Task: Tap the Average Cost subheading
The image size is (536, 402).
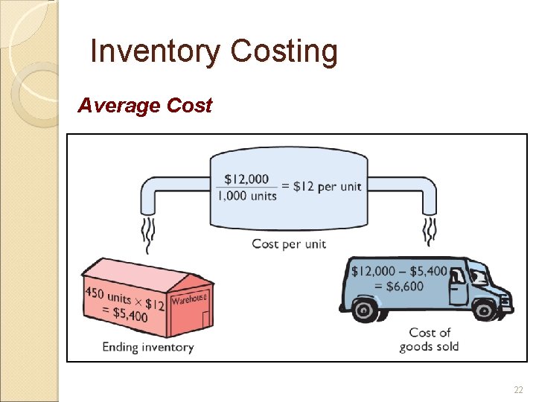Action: tap(144, 106)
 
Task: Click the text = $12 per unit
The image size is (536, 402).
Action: tap(322, 187)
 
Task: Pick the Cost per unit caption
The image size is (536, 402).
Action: tap(289, 243)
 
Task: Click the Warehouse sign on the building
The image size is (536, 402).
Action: tap(189, 299)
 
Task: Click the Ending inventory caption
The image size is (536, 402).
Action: tap(147, 347)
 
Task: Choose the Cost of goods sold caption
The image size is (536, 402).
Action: tap(430, 339)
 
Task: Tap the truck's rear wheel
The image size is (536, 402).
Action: tap(366, 310)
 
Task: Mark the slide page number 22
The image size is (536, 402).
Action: tap(518, 390)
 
